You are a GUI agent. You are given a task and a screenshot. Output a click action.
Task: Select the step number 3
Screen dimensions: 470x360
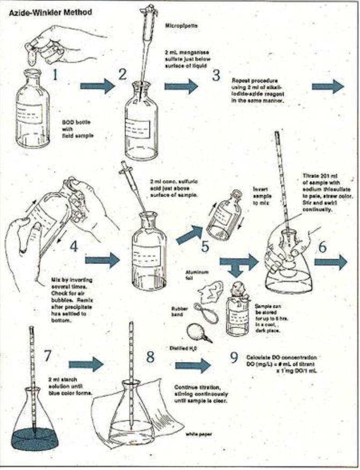[216, 75]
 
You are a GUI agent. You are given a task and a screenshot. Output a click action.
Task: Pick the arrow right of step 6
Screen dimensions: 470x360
[331, 262]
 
